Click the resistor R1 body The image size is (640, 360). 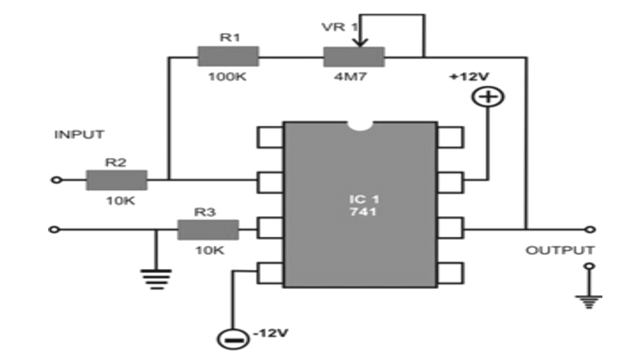coord(228,56)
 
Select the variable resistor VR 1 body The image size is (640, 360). coord(353,56)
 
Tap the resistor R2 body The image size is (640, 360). coord(116,180)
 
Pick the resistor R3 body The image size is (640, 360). coord(208,230)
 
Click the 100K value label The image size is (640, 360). coord(228,77)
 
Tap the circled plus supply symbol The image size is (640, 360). coord(489,97)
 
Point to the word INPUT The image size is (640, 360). coord(79,134)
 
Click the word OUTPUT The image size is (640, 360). coord(560,250)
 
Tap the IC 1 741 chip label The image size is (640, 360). coord(364,205)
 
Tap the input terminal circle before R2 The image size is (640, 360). coord(57,180)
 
